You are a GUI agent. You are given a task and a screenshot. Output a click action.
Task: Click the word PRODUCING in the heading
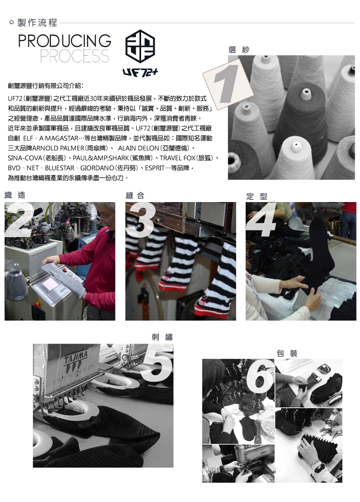point(65,41)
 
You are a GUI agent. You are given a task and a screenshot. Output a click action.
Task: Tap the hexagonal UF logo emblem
point(140,46)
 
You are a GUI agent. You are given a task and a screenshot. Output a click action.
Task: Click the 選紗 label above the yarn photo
point(239,49)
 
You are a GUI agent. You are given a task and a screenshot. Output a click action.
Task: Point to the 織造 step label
point(15,195)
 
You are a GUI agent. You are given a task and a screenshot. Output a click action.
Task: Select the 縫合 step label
point(135,195)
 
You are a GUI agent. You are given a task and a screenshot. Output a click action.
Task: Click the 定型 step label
point(256,196)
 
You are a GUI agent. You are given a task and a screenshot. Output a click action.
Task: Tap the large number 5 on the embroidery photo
point(157,365)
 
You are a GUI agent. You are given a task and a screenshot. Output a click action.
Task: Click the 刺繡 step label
point(162,337)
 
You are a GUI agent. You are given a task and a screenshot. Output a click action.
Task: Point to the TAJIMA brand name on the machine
point(75,357)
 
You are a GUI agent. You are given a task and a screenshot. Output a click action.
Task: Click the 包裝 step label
point(288,353)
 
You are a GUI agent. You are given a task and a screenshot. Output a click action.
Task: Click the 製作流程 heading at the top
point(37,23)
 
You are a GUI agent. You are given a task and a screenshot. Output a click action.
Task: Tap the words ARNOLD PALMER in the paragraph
point(58,148)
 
